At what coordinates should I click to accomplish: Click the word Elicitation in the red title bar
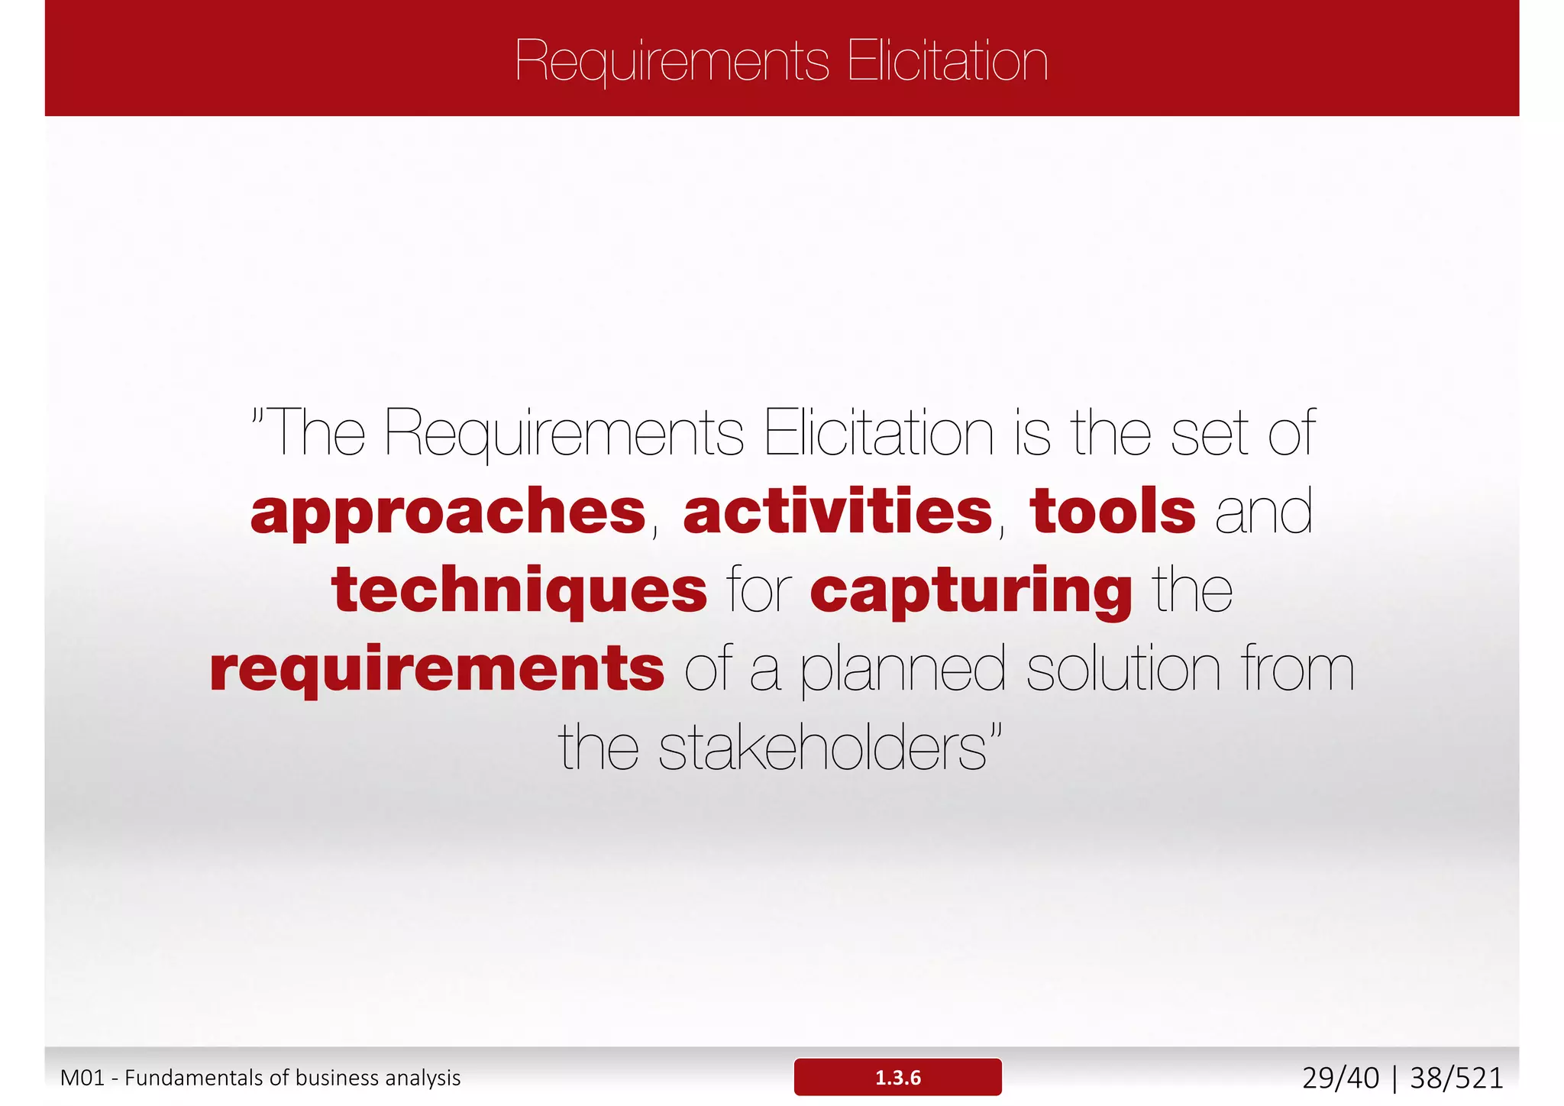coord(947,61)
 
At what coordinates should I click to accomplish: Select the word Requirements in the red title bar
coord(672,61)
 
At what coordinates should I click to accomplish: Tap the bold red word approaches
coord(448,512)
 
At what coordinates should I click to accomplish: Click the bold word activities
coord(838,512)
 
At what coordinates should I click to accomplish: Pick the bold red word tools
coord(1112,512)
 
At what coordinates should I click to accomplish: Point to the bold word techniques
coord(519,590)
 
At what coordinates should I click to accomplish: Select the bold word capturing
coord(971,592)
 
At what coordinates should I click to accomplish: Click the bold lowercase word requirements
coord(437,669)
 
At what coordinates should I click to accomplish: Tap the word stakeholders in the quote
coord(822,748)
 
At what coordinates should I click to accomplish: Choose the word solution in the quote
coord(1123,669)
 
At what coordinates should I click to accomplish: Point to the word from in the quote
coord(1297,669)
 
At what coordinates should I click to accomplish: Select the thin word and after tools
coord(1264,512)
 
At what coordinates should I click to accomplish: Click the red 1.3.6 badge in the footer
coord(897,1077)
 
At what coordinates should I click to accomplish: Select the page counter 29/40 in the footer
coord(1340,1078)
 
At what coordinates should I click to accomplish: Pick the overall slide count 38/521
coord(1456,1078)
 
